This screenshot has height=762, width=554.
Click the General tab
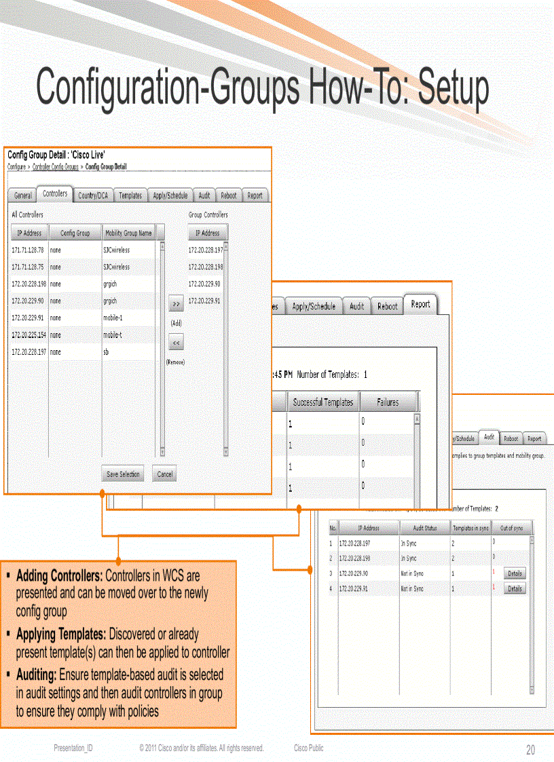(x=23, y=195)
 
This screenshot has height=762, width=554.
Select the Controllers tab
(x=55, y=194)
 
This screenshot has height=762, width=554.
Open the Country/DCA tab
(x=92, y=195)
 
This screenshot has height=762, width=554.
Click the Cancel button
(x=164, y=474)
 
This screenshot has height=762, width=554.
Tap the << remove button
(x=176, y=343)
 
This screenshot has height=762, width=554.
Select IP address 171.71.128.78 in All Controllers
(x=27, y=250)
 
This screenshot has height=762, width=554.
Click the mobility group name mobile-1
(x=113, y=318)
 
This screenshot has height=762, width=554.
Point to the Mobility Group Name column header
(x=128, y=233)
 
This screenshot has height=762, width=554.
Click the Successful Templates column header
(x=322, y=402)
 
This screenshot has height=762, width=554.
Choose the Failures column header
(x=388, y=402)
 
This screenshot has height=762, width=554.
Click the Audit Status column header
(x=425, y=528)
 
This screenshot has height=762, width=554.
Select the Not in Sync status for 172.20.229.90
(x=412, y=573)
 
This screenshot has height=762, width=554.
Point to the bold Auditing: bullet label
(x=36, y=676)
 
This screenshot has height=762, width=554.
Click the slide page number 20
(x=530, y=750)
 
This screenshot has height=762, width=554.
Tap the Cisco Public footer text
(x=308, y=748)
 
